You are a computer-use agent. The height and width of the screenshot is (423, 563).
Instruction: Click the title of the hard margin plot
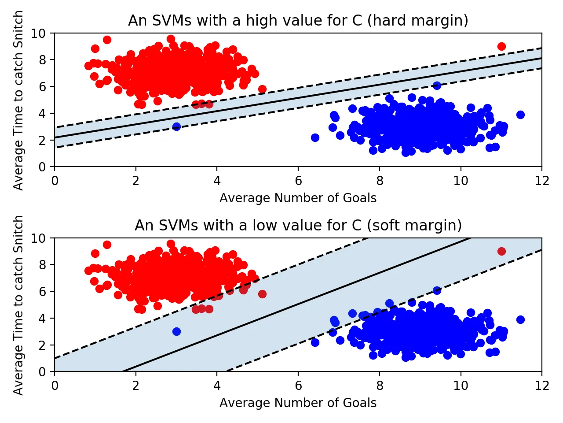click(x=298, y=21)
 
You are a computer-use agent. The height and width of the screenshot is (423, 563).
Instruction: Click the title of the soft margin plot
click(x=298, y=226)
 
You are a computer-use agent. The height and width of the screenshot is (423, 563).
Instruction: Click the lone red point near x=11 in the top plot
click(x=501, y=46)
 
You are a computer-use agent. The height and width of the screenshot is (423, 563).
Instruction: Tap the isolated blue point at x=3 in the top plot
click(x=176, y=126)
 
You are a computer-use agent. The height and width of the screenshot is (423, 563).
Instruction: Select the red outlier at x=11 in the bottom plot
click(x=501, y=251)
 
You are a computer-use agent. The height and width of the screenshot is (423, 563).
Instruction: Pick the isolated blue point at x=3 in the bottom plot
click(x=176, y=331)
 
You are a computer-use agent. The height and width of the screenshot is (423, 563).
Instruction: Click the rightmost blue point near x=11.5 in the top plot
click(x=520, y=115)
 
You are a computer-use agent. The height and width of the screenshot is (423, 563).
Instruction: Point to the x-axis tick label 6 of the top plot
click(x=298, y=181)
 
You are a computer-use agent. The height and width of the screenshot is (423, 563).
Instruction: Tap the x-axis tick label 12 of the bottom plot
click(x=542, y=386)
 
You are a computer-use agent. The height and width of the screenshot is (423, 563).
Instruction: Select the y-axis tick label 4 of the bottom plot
click(x=42, y=318)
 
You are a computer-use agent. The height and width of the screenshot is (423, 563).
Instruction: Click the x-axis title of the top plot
click(x=298, y=198)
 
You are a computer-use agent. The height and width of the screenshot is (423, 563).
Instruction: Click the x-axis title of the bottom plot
click(x=298, y=403)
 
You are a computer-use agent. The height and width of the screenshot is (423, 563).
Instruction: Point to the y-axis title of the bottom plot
click(x=18, y=305)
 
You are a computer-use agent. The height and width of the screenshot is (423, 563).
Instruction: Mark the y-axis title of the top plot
click(x=18, y=100)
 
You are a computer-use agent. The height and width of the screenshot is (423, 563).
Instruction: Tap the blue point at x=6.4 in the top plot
click(x=315, y=137)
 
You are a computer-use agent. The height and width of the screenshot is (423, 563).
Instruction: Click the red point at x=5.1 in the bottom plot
click(x=262, y=294)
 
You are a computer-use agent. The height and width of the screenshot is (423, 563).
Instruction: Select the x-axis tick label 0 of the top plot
click(x=55, y=181)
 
